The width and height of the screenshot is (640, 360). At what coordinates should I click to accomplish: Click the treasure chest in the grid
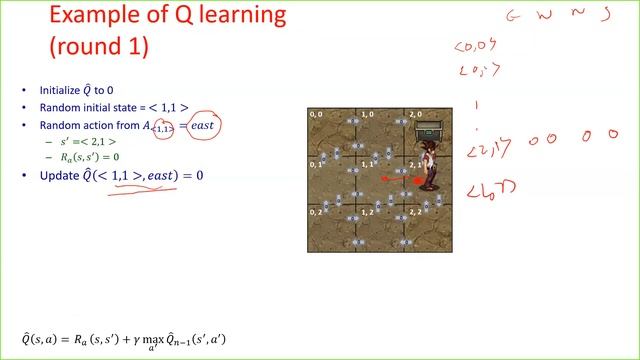[x=431, y=128]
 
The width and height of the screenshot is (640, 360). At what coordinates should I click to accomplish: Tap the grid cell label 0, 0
[x=315, y=115]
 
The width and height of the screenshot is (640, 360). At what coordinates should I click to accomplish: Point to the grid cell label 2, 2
[x=416, y=212]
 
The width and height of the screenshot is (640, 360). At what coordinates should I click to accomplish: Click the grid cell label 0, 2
[x=315, y=212]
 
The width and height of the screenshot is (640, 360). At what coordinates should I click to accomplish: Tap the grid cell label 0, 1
[x=315, y=163]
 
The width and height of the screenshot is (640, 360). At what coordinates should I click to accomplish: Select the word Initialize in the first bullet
[x=60, y=90]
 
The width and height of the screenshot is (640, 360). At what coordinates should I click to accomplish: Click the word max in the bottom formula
[x=153, y=339]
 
